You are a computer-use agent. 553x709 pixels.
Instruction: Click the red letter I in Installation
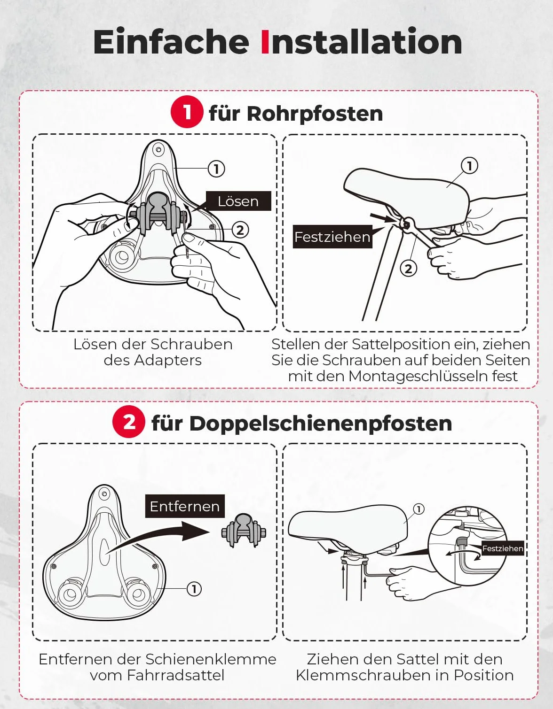pyautogui.click(x=265, y=42)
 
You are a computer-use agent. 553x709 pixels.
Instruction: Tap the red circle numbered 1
pyautogui.click(x=187, y=112)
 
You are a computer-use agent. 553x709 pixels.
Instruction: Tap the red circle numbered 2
pyautogui.click(x=128, y=422)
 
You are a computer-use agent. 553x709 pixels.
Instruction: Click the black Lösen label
pyautogui.click(x=238, y=201)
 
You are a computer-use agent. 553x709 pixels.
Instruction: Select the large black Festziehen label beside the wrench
pyautogui.click(x=332, y=237)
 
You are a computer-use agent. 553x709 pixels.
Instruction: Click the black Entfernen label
pyautogui.click(x=185, y=506)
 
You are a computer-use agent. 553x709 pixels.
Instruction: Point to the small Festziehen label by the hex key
pyautogui.click(x=503, y=548)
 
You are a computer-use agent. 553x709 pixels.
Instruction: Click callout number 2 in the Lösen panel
pyautogui.click(x=240, y=230)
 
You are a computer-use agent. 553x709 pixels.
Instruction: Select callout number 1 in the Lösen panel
pyautogui.click(x=216, y=169)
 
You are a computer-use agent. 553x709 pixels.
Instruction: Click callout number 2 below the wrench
pyautogui.click(x=408, y=269)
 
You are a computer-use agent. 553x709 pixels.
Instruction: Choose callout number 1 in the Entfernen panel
pyautogui.click(x=194, y=589)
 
